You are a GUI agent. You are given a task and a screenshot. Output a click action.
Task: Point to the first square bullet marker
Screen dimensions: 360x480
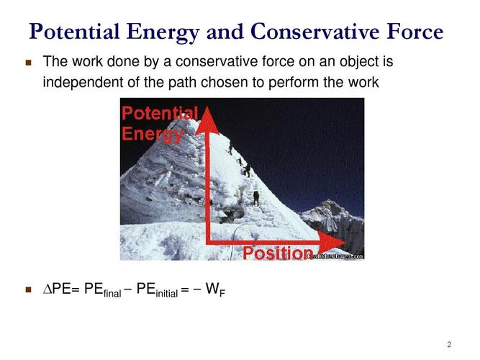pos(30,63)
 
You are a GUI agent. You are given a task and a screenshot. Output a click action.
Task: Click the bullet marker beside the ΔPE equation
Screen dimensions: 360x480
pos(30,291)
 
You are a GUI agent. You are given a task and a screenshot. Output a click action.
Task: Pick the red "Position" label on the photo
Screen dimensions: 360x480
pos(276,253)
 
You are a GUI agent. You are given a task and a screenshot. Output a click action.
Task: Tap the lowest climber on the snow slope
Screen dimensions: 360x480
pos(255,196)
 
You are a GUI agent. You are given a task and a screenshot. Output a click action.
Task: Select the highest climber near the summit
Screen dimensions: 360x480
pos(230,147)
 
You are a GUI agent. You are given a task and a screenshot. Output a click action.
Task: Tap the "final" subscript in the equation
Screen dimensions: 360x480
pos(113,294)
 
